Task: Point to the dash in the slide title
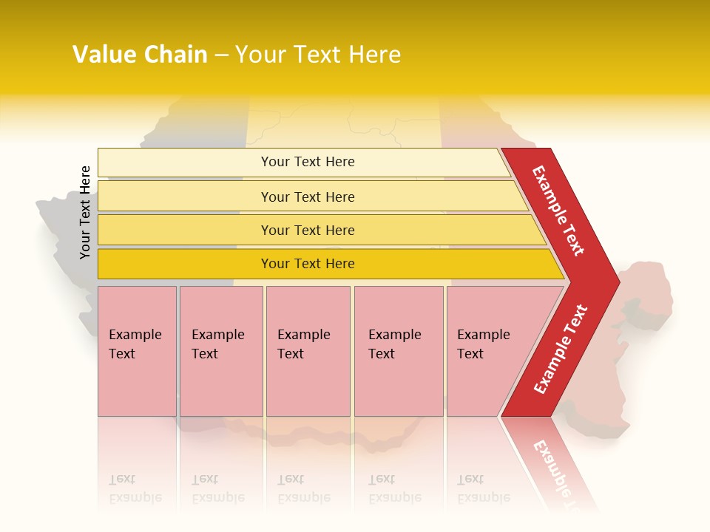pyautogui.click(x=221, y=55)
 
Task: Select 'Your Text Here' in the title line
pyautogui.click(x=318, y=55)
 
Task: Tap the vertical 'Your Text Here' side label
pyautogui.click(x=85, y=213)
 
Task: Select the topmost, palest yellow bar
pyautogui.click(x=307, y=162)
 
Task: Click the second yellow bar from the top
pyautogui.click(x=307, y=197)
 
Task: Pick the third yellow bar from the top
pyautogui.click(x=307, y=230)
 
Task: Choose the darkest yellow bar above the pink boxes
pyautogui.click(x=307, y=264)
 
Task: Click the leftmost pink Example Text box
pyautogui.click(x=137, y=351)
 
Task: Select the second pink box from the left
pyautogui.click(x=220, y=351)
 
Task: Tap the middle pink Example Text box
pyautogui.click(x=308, y=351)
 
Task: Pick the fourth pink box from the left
pyautogui.click(x=398, y=351)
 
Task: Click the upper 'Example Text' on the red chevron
pyautogui.click(x=558, y=211)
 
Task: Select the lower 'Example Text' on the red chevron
pyautogui.click(x=561, y=349)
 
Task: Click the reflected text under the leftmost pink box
pyautogui.click(x=135, y=488)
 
